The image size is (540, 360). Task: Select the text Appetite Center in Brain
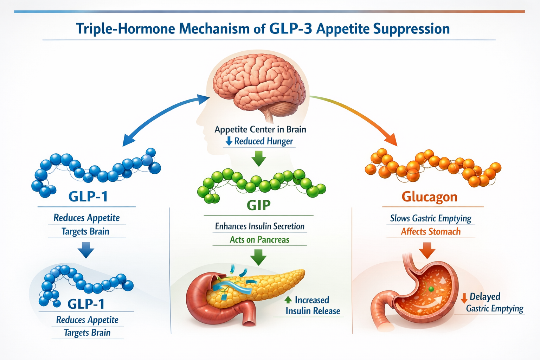[260, 129]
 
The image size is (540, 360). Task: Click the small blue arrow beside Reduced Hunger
[229, 141]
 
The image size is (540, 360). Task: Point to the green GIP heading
[258, 205]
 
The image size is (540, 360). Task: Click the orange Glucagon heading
[429, 197]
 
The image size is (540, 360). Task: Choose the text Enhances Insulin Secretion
[259, 226]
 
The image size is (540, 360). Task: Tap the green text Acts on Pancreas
[259, 240]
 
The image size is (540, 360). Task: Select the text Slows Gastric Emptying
[430, 218]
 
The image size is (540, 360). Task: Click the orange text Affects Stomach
[431, 232]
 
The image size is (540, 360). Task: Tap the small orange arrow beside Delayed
[464, 298]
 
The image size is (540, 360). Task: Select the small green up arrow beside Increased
[288, 300]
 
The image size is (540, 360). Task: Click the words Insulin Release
[313, 311]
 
